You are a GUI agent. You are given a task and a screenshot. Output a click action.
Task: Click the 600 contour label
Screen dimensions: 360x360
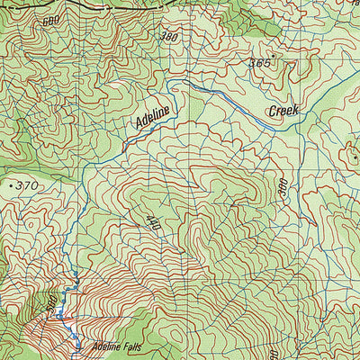(x=49, y=21)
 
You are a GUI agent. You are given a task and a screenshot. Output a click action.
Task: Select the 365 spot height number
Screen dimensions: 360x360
(x=261, y=64)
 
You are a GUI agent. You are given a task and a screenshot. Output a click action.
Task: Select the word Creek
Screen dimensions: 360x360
(x=283, y=112)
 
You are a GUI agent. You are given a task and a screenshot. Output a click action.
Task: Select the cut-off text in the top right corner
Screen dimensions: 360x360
(x=354, y=4)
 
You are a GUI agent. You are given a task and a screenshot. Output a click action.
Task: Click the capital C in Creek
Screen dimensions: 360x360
(x=272, y=113)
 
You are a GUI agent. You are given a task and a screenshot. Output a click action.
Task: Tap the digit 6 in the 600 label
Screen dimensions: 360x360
(x=44, y=21)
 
